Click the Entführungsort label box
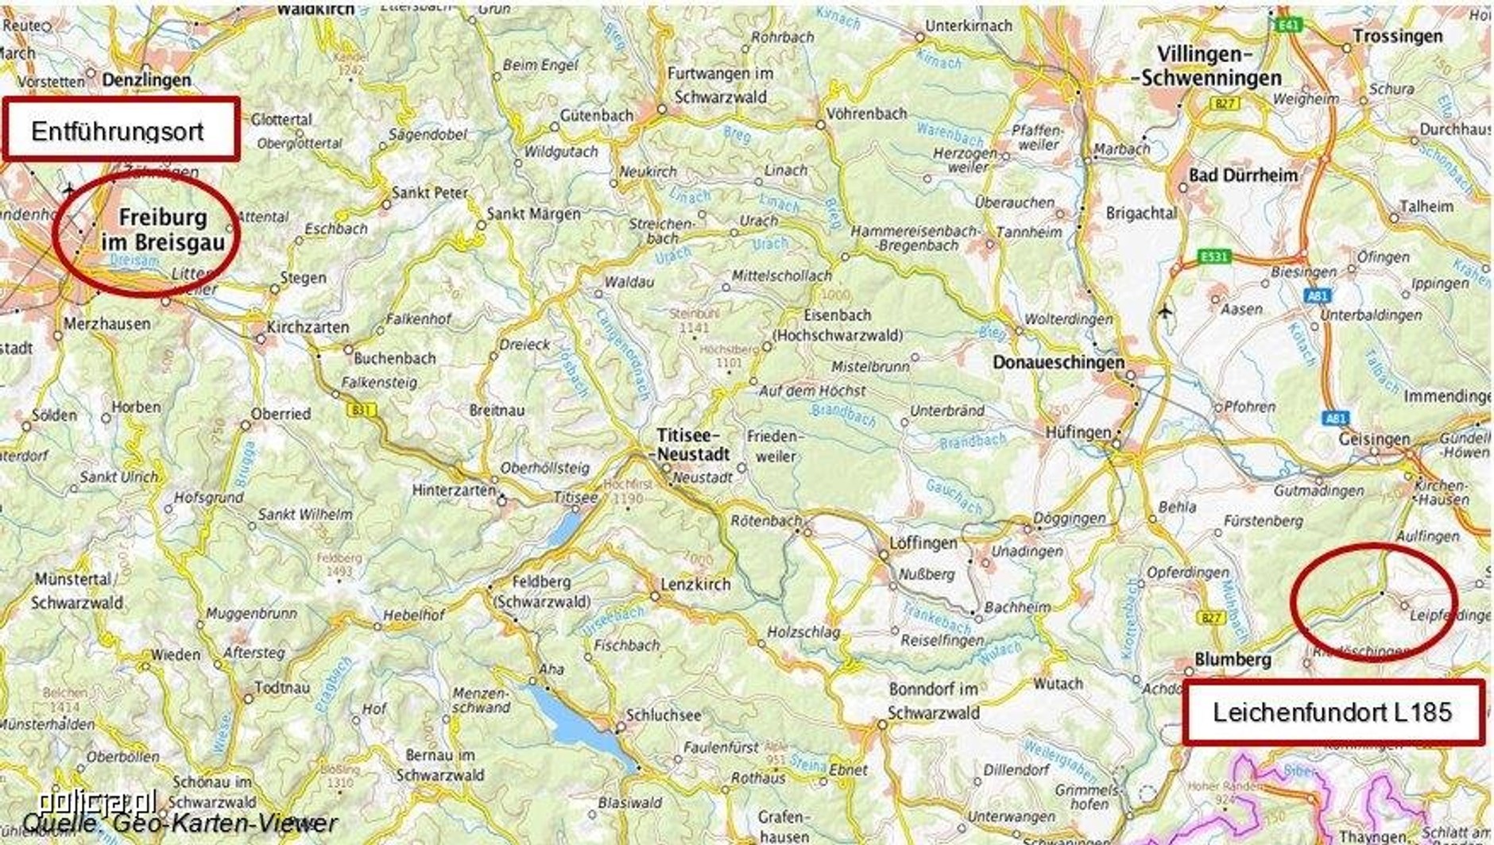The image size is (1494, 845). [121, 129]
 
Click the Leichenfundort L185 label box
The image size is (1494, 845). [1333, 712]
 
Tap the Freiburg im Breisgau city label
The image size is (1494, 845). [163, 230]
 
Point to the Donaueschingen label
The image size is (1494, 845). [1058, 362]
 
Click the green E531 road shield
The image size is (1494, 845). [1213, 257]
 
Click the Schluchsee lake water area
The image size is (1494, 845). [580, 727]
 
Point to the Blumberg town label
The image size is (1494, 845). [1233, 659]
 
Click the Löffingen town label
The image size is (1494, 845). [923, 543]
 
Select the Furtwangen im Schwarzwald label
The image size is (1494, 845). [720, 85]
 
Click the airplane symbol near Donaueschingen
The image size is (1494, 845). [1165, 311]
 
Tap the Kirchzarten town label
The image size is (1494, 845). [308, 327]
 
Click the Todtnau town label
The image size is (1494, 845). [282, 688]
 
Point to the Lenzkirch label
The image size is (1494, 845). [695, 584]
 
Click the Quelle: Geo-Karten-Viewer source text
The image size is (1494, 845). [180, 824]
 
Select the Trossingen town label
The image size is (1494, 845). [1397, 37]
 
